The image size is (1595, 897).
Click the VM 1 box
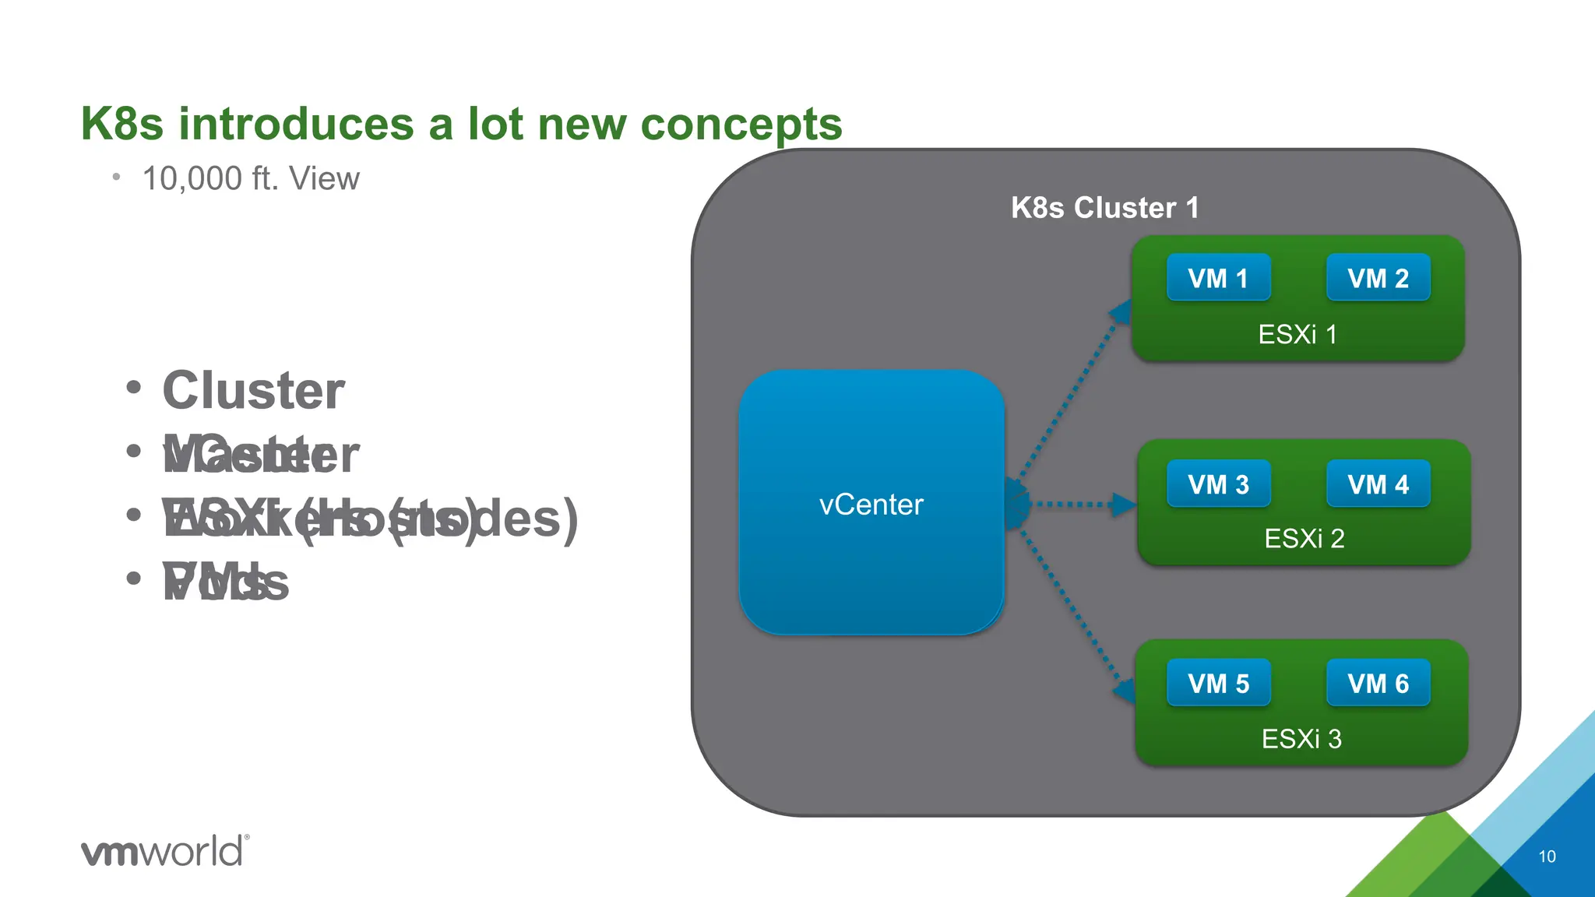[x=1218, y=278]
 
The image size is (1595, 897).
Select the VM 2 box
[x=1378, y=278]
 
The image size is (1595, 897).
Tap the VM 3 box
[x=1218, y=484]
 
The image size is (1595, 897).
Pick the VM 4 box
[x=1378, y=484]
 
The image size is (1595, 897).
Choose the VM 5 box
[x=1218, y=684]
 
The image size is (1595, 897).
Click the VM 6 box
[x=1378, y=684]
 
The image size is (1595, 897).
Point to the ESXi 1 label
[x=1297, y=335]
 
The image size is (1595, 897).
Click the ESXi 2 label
[x=1304, y=539]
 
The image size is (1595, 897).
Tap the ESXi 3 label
[x=1301, y=739]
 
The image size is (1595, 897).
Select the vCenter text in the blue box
[x=871, y=505]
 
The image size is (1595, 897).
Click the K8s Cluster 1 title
[x=1104, y=208]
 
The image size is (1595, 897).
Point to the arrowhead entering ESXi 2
[x=1123, y=505]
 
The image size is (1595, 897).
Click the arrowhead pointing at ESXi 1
[x=1121, y=312]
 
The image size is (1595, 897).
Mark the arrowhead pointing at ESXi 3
[x=1124, y=691]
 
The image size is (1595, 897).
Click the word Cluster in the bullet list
[x=253, y=390]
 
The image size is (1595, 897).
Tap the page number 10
[x=1547, y=857]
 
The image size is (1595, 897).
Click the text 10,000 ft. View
[x=251, y=179]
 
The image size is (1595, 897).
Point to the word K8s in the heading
[x=122, y=124]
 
